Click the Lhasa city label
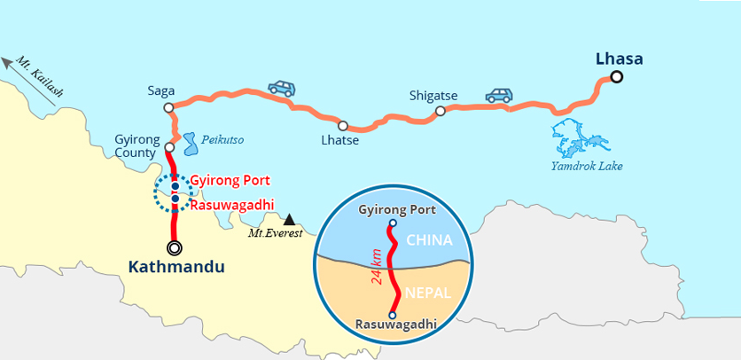(619, 59)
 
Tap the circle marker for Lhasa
(616, 77)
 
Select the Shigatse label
(433, 95)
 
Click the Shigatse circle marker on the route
(440, 111)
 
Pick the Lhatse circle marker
(342, 126)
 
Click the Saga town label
(161, 90)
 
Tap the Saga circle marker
(168, 107)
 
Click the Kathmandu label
(176, 266)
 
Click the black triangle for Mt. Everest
(289, 219)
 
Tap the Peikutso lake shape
(190, 142)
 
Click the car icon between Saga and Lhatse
(282, 88)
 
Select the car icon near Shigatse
(498, 94)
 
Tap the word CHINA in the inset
(429, 240)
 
